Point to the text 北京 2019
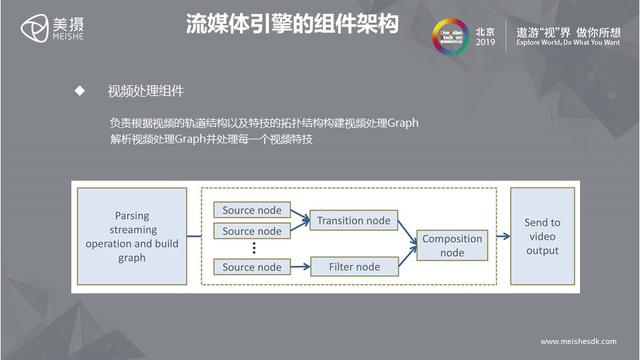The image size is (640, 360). click(x=486, y=31)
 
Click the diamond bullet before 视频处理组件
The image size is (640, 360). click(x=78, y=91)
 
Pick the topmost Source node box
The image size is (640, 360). click(x=252, y=210)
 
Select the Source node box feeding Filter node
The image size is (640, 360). click(x=252, y=267)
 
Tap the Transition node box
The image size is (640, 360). click(x=352, y=220)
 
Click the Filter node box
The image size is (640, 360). click(x=352, y=267)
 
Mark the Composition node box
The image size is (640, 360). click(x=452, y=245)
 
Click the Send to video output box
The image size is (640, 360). click(x=542, y=237)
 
